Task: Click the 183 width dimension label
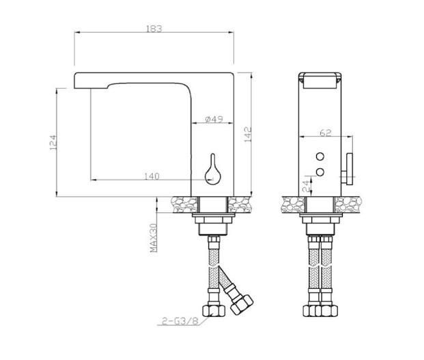coord(154,29)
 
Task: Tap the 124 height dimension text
coord(53,143)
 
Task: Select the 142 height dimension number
coord(248,135)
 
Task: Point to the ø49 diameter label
coord(214,119)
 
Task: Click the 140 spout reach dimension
coord(152,176)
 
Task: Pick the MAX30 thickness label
coord(154,238)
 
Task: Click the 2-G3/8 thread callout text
coord(180,321)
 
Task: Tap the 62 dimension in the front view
coord(325,133)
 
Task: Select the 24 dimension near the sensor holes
coord(307,186)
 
